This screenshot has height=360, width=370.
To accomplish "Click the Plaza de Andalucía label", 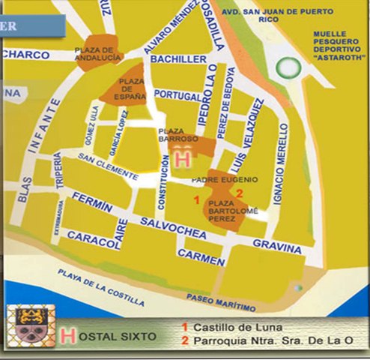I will [97, 55].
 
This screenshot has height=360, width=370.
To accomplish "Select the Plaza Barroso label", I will [178, 136].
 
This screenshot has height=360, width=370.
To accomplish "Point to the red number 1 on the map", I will [196, 199].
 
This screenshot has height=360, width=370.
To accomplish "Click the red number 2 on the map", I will [239, 193].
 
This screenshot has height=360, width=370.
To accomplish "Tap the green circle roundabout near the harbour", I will [288, 68].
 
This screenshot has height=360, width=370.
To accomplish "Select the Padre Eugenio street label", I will [225, 180].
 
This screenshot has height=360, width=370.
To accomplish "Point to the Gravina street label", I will [276, 244].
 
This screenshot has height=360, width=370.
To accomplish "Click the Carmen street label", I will [201, 257].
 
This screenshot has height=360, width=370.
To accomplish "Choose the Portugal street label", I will [178, 95].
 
